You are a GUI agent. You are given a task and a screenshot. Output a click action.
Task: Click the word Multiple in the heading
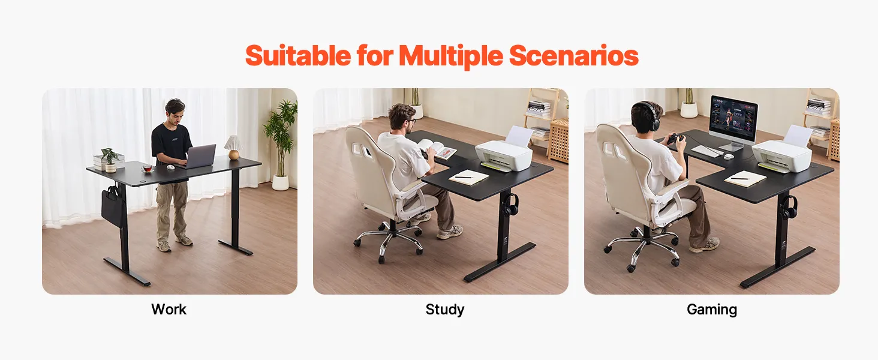tap(451, 56)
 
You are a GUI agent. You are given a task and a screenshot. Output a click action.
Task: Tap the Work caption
tap(169, 310)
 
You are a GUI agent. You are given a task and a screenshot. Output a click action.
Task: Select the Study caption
tap(445, 310)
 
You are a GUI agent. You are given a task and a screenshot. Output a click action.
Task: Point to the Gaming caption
tap(712, 310)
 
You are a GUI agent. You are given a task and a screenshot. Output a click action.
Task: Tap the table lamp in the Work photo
tap(233, 147)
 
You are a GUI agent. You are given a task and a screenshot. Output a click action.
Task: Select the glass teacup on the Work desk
tap(148, 169)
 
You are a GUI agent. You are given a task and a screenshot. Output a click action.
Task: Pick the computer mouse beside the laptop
tap(170, 167)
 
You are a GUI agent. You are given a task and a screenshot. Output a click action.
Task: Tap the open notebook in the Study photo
tap(468, 177)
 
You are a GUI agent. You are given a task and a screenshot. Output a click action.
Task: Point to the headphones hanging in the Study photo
tap(510, 205)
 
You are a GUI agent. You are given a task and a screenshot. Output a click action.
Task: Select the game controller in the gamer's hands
tap(675, 139)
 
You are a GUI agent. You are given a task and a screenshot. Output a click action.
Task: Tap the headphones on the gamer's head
tap(650, 116)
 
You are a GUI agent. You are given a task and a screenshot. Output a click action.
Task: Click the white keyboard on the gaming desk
tap(707, 150)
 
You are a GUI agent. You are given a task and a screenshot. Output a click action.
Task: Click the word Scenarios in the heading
tap(574, 56)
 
